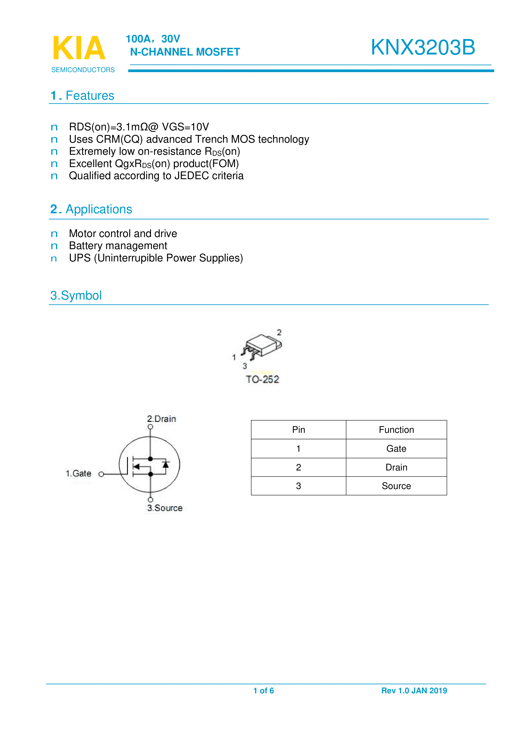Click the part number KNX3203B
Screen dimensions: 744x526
(423, 47)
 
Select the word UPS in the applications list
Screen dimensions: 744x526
(80, 258)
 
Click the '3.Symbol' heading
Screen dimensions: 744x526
(76, 296)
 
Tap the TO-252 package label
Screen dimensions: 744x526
(262, 379)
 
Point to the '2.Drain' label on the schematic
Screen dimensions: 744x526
(161, 419)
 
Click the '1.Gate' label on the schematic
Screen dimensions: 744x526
(78, 473)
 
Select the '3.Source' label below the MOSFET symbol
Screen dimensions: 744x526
(165, 508)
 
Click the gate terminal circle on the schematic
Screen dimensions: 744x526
(101, 474)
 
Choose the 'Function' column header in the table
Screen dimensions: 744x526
(396, 430)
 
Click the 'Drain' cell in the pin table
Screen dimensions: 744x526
(396, 467)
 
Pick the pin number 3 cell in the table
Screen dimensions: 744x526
(298, 486)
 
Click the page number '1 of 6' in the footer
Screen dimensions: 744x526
(263, 691)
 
